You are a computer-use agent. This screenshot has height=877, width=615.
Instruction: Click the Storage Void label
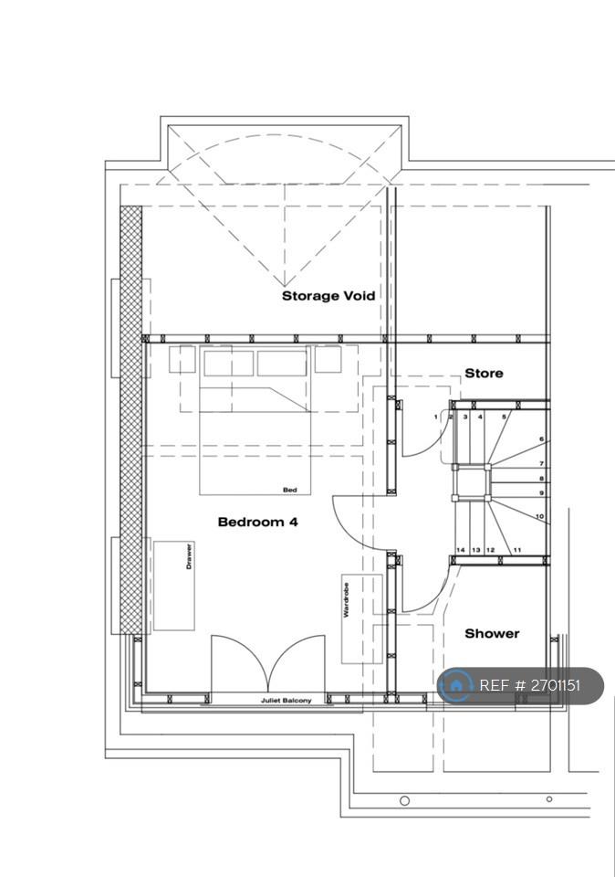pos(328,295)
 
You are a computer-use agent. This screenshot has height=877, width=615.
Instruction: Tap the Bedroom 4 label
pos(257,522)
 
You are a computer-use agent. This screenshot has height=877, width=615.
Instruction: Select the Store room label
pos(484,373)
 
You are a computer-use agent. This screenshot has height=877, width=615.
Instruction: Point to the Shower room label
pos(492,633)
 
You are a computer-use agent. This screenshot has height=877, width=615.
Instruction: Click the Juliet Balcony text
pos(286,701)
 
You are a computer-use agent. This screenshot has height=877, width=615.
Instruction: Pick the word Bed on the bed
pos(290,490)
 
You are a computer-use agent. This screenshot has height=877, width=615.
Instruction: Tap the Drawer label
pos(189,556)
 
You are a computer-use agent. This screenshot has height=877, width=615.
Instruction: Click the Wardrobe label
pos(347,600)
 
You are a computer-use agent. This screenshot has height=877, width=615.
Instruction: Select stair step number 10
pos(539,516)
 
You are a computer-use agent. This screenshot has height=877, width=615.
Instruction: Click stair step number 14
pos(460,550)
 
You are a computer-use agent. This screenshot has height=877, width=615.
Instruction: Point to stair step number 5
pos(504,417)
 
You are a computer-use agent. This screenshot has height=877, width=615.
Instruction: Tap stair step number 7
pos(541,464)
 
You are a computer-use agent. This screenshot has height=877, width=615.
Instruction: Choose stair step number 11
pos(516,550)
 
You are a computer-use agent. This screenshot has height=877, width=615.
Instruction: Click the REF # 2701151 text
pos(530,685)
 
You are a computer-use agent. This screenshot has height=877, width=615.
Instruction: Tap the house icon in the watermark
pos(455,685)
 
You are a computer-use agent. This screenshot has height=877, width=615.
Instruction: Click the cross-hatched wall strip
pos(131,419)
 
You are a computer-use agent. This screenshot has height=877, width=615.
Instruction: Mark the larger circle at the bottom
pos(404,800)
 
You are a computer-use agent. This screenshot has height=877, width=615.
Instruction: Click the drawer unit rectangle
pos(173,586)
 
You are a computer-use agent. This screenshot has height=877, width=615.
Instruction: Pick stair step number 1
pos(435,417)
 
